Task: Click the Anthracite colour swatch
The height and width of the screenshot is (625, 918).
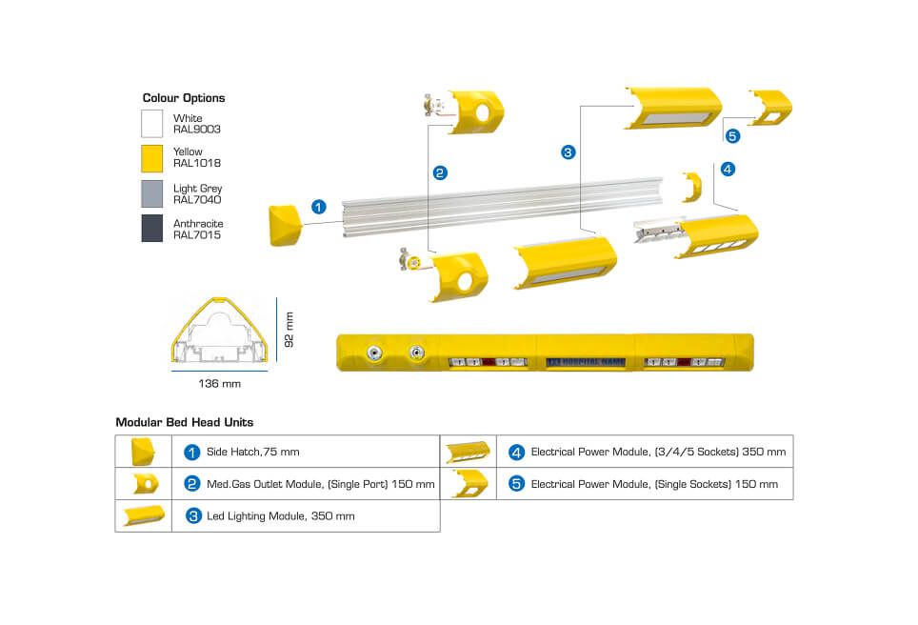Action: [x=152, y=229]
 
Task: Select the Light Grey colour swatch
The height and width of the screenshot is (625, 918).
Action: [x=152, y=194]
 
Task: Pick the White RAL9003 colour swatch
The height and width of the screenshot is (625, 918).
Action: [x=152, y=124]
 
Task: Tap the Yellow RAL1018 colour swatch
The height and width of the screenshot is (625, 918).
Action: [x=152, y=158]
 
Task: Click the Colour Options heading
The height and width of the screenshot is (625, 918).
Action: [x=184, y=98]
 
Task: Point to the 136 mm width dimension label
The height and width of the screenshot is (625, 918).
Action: [x=219, y=384]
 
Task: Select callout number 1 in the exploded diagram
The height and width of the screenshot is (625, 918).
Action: [x=319, y=206]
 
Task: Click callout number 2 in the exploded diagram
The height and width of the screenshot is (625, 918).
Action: [x=440, y=172]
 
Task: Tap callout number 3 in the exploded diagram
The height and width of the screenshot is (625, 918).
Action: [x=569, y=151]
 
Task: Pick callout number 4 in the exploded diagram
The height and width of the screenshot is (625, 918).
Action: [x=728, y=170]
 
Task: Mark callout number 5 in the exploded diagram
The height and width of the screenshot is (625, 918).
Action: [x=731, y=135]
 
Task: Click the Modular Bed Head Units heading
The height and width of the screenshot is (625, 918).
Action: [x=184, y=422]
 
